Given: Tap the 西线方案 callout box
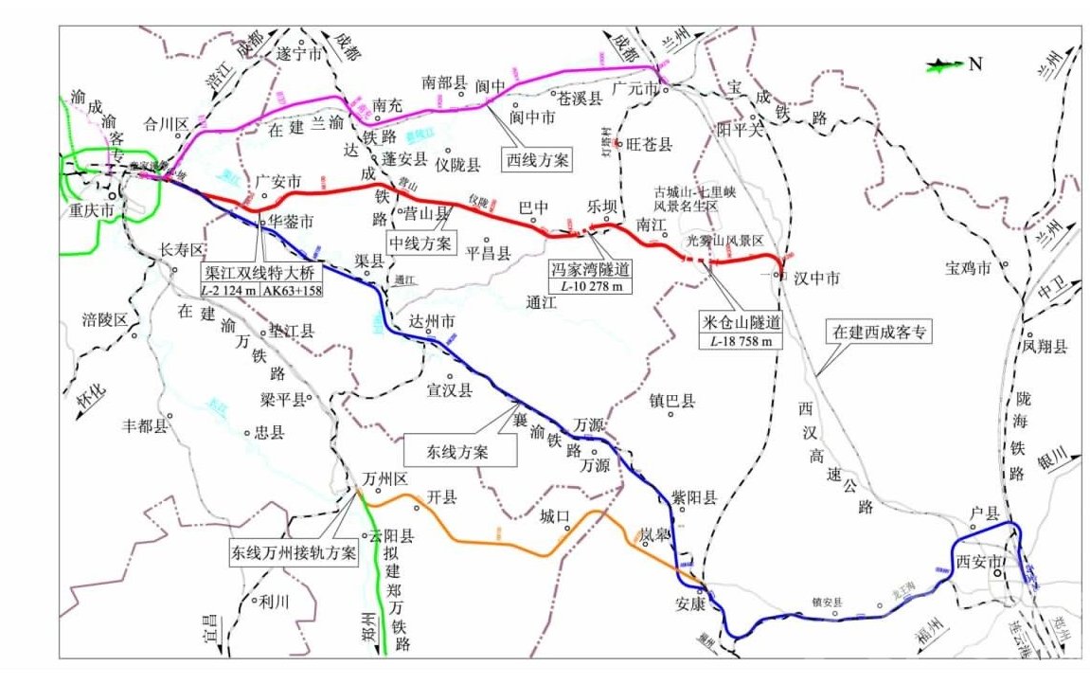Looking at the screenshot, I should tap(536, 159).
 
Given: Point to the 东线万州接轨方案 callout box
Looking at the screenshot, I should tap(294, 552).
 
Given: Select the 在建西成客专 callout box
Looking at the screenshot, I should tap(878, 333).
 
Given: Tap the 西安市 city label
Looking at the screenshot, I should tap(977, 562).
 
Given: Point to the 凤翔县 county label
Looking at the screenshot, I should tap(1045, 347).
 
